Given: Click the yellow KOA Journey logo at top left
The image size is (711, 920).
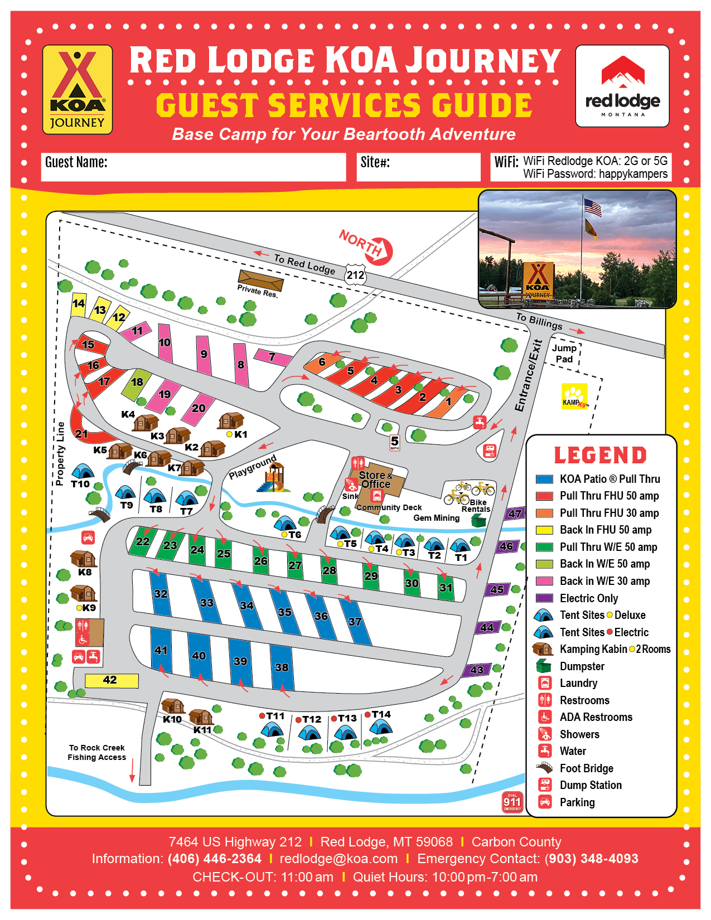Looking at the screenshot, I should [78, 90].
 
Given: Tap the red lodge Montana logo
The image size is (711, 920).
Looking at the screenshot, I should [622, 86].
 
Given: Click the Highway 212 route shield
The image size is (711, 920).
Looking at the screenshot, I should [355, 275].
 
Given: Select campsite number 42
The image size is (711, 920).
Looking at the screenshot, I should [111, 680].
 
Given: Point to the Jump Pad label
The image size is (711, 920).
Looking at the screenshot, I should [564, 354].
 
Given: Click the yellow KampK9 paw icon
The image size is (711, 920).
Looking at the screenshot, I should [574, 396].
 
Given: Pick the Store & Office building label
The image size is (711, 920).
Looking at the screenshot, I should [375, 480].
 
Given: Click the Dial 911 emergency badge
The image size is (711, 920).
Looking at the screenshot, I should [512, 802].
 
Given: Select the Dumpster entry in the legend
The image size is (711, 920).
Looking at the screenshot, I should [582, 666].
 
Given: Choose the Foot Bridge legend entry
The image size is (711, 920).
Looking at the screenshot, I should [586, 768].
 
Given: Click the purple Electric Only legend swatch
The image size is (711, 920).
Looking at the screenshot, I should [544, 598].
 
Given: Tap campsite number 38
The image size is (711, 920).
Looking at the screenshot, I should [282, 667].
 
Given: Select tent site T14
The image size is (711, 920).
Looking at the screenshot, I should [381, 725].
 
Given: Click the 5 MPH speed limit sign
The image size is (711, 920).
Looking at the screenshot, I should [395, 443].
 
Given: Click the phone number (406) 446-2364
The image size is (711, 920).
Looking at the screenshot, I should [214, 859].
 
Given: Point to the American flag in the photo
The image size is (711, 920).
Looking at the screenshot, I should [593, 208].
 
